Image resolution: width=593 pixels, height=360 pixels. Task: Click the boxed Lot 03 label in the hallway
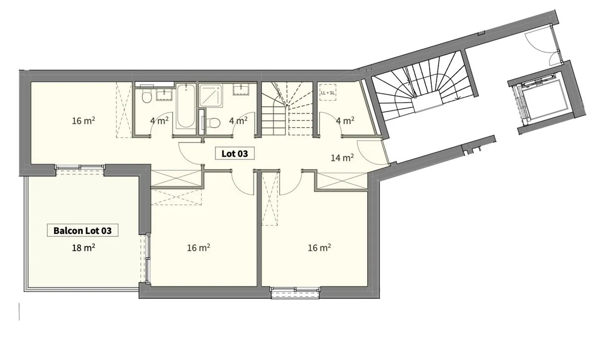[x=235, y=154]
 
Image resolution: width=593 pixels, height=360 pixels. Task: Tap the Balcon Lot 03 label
[x=82, y=230]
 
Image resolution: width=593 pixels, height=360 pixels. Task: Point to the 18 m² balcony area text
[x=84, y=248]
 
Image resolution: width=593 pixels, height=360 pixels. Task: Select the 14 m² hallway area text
[x=342, y=157]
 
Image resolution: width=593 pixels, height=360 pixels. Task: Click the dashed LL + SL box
[x=328, y=93]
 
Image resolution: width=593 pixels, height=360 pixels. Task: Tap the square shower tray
[x=210, y=96]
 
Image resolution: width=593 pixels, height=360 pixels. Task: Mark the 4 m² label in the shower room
[x=238, y=121]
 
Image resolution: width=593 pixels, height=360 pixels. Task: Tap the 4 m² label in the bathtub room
[x=159, y=121]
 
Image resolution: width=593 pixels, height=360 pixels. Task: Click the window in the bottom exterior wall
[x=295, y=292]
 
